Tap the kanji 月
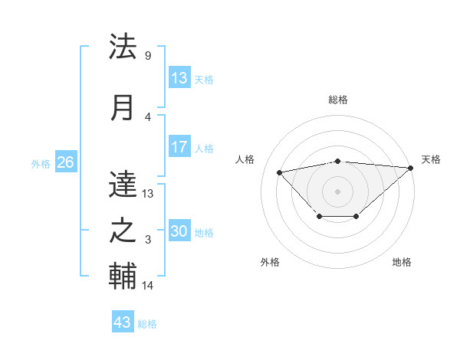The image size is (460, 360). coord(123,108)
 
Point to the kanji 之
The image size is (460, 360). coord(123,231)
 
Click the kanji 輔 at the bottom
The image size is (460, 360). coord(123,277)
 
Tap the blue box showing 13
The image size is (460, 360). coord(179,78)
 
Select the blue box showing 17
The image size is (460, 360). coord(179,147)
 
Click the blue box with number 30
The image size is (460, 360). coord(179,231)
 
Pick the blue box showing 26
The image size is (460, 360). coord(65,162)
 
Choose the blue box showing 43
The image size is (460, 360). coord(122,322)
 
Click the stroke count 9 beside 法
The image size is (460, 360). coord(147,55)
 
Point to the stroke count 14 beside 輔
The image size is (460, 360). coord(148,286)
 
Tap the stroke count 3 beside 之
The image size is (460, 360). coord(147,240)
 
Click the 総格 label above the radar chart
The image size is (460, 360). coord(337,100)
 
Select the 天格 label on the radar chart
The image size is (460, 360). coord(431,159)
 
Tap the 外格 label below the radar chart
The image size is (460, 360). coord(270,262)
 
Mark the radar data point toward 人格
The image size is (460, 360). coord(280,172)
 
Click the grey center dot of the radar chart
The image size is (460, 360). coord(337,191)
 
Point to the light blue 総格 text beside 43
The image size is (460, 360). coord(147,324)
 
